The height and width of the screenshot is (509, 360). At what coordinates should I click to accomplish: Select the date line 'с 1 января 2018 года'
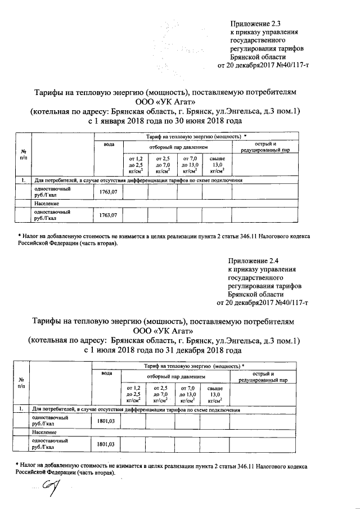(x=165, y=121)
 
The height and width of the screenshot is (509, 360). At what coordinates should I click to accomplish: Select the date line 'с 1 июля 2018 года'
(x=163, y=350)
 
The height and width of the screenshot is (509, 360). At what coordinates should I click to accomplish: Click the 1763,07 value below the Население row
(x=108, y=215)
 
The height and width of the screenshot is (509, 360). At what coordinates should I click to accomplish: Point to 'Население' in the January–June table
(x=47, y=203)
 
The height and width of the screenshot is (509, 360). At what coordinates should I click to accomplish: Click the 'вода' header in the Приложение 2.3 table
(x=109, y=145)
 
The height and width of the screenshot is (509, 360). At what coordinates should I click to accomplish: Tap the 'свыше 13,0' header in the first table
(x=217, y=164)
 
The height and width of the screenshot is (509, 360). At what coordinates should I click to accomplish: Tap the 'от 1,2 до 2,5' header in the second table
(x=134, y=394)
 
